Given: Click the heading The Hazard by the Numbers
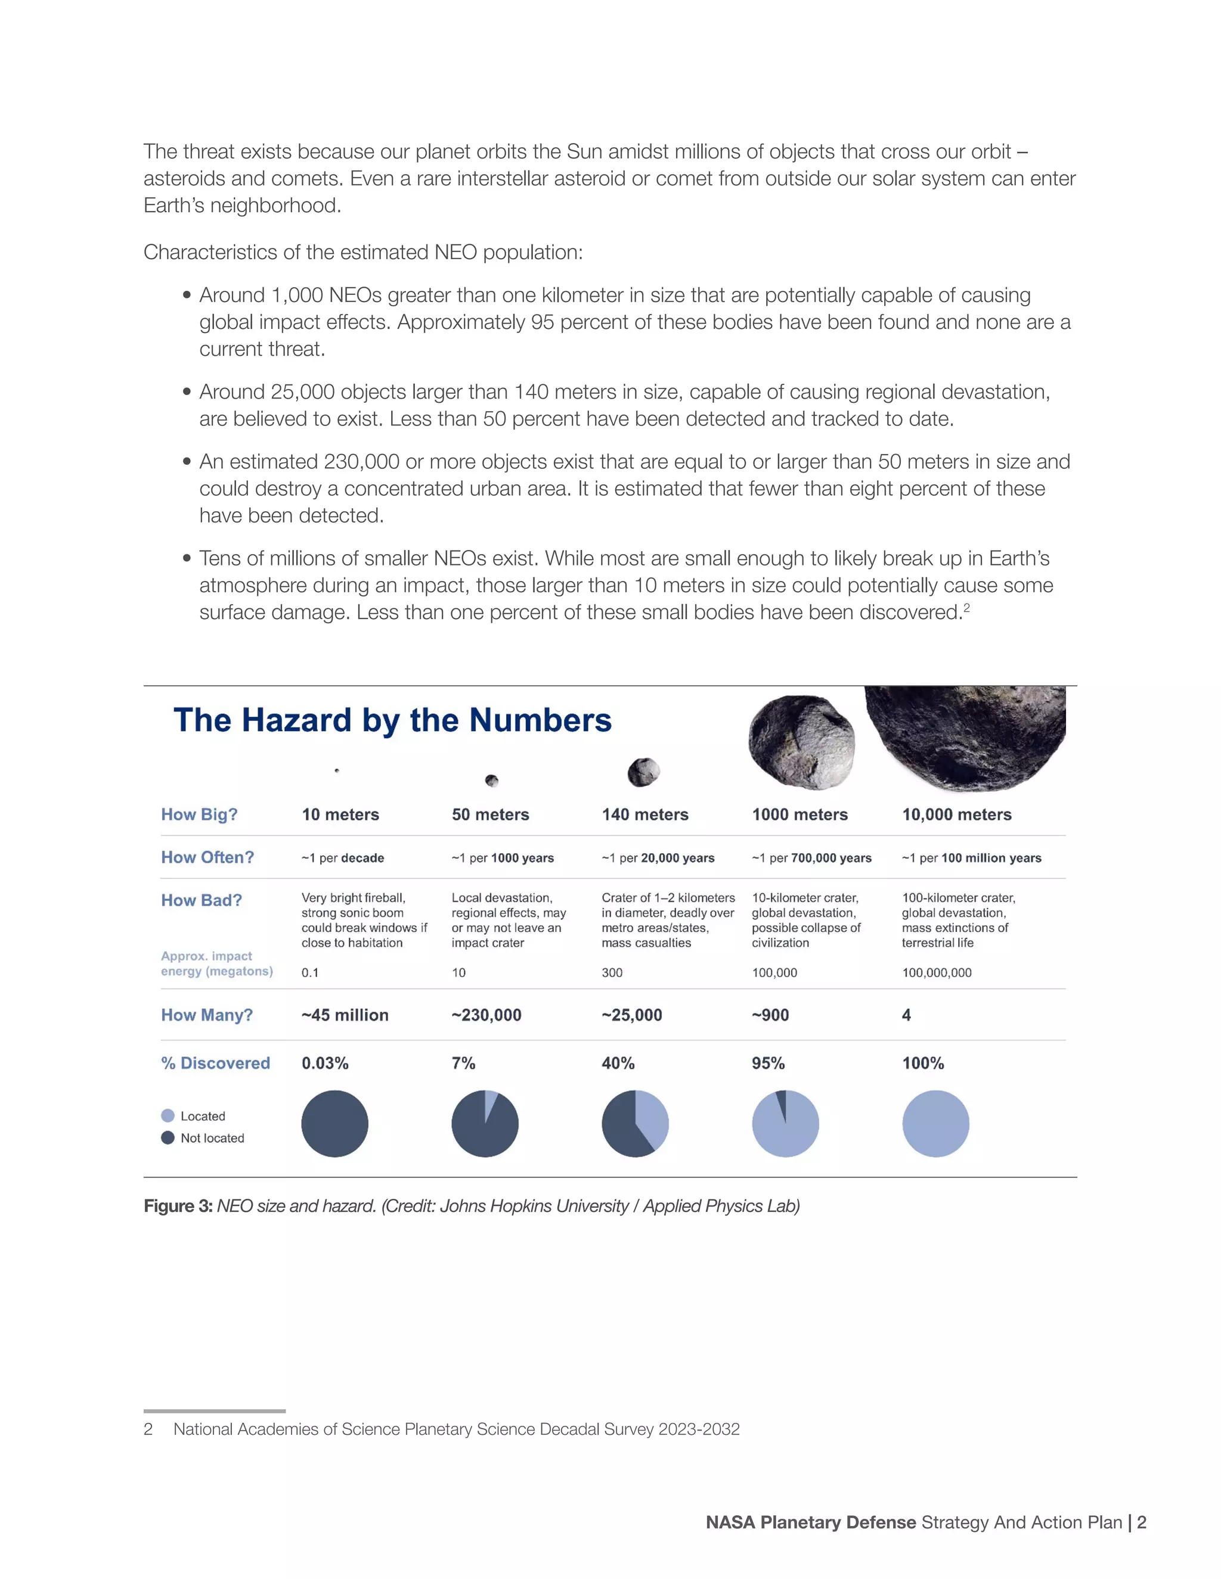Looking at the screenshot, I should pyautogui.click(x=392, y=721).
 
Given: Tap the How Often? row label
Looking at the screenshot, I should pyautogui.click(x=207, y=857).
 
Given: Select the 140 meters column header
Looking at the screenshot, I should pyautogui.click(x=644, y=815).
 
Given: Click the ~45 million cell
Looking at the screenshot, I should pyautogui.click(x=345, y=1015).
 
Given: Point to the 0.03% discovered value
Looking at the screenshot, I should pyautogui.click(x=325, y=1064).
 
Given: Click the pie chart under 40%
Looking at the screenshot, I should pyautogui.click(x=634, y=1124).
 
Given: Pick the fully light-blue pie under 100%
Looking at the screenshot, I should pyautogui.click(x=935, y=1124).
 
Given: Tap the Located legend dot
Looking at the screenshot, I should pyautogui.click(x=168, y=1115).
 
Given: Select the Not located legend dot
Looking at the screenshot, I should pyautogui.click(x=168, y=1137).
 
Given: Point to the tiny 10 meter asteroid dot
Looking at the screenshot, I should pyautogui.click(x=337, y=770).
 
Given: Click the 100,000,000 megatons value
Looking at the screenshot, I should pyautogui.click(x=936, y=973).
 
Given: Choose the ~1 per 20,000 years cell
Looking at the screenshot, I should pyautogui.click(x=658, y=858).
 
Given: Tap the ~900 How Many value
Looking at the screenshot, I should pyautogui.click(x=770, y=1015).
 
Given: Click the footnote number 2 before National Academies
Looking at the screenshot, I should pyautogui.click(x=148, y=1429).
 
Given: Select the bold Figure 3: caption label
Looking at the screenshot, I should pyautogui.click(x=177, y=1206).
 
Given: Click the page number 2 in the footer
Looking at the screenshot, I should pyautogui.click(x=1142, y=1522).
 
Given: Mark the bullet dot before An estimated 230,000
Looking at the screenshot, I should pyautogui.click(x=187, y=461).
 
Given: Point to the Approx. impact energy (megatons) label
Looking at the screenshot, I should pyautogui.click(x=216, y=963).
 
